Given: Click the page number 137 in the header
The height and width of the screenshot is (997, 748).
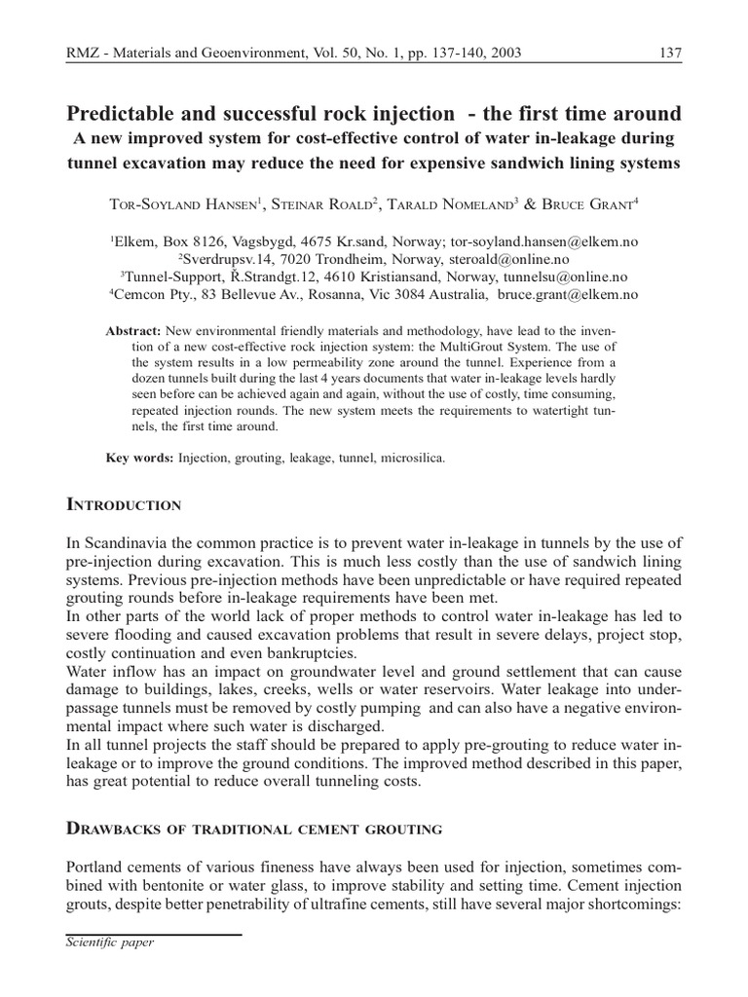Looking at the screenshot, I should pos(670,53).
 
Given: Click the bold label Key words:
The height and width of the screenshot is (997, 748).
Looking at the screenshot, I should pos(139,458).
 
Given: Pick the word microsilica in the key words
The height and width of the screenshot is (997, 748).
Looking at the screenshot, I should pos(415,458).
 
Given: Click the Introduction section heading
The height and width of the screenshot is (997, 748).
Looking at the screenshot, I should pos(123,505).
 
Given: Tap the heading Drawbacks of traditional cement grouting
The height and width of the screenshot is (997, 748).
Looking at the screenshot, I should pos(253,830).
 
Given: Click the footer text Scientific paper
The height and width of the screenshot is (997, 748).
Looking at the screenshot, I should pos(109,942).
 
